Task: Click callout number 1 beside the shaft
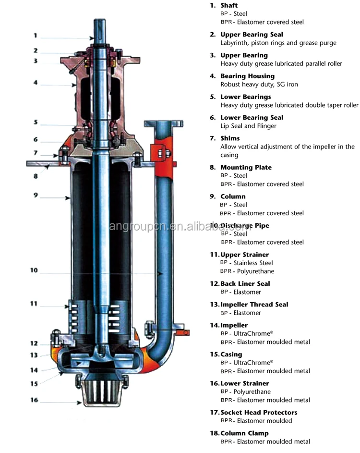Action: click(x=35, y=35)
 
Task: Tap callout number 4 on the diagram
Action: click(x=36, y=83)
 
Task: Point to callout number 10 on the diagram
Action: click(x=34, y=270)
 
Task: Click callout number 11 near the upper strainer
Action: click(x=34, y=304)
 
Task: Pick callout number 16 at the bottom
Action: click(x=34, y=400)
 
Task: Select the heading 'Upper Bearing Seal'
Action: click(x=252, y=35)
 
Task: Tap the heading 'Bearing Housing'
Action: click(x=247, y=76)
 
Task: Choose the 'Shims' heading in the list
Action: click(x=230, y=138)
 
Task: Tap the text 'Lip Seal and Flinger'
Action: click(x=248, y=126)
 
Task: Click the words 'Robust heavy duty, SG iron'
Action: click(x=259, y=85)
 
